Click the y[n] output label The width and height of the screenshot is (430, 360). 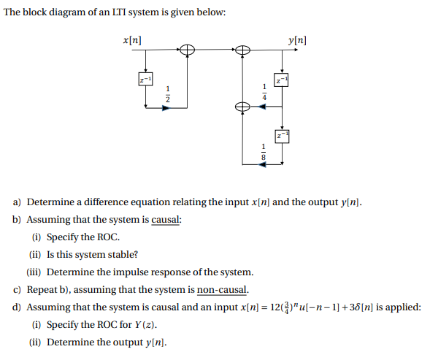tap(297, 38)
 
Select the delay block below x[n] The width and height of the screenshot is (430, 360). tap(146, 78)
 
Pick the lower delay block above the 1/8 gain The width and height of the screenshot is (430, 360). tap(281, 136)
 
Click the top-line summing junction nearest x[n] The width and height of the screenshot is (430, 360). tap(188, 50)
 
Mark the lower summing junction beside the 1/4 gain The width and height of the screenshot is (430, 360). tap(242, 107)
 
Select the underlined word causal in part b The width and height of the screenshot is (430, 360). tap(166, 219)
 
